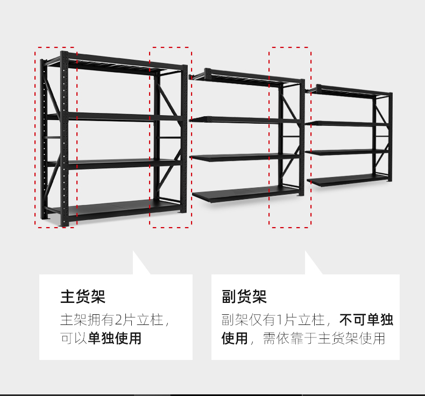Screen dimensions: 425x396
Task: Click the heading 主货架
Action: point(83,296)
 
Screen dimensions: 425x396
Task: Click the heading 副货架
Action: point(244,296)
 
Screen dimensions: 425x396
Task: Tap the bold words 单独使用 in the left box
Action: point(115,338)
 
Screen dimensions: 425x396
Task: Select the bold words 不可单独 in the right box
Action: point(366,320)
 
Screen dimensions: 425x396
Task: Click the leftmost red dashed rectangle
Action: point(56,137)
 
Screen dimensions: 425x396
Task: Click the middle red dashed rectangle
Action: point(170,137)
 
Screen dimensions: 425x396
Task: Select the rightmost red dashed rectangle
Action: point(290,137)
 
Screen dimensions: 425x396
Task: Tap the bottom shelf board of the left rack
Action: point(118,207)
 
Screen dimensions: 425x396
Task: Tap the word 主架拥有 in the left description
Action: point(80,320)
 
